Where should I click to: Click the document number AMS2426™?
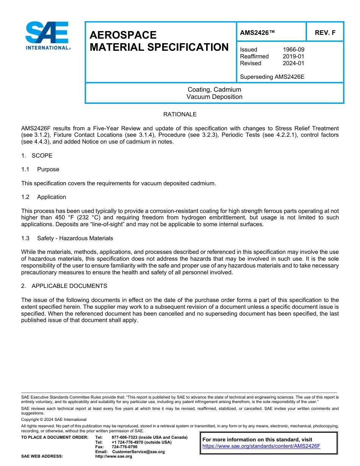[x=257, y=33]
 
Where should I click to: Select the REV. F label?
[x=325, y=33]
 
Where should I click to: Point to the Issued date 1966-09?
[x=293, y=50]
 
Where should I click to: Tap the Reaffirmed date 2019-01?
[x=293, y=56]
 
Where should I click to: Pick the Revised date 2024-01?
[x=293, y=63]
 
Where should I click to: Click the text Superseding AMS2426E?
[x=272, y=77]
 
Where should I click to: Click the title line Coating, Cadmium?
[x=214, y=90]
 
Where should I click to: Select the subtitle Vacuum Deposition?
[x=214, y=97]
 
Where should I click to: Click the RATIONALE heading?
[x=180, y=114]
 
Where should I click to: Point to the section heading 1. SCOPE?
[x=37, y=156]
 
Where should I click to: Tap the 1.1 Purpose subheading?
[x=40, y=169]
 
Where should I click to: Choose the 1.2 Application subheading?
[x=44, y=197]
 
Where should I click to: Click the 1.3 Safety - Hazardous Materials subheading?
[x=67, y=238]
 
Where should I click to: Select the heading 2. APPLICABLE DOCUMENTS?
[x=64, y=286]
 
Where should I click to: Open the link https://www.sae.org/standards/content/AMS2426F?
[x=261, y=446]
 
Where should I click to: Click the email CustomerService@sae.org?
[x=138, y=452]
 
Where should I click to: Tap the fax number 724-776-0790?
[x=124, y=447]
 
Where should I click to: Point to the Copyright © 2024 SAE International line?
[x=54, y=420]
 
